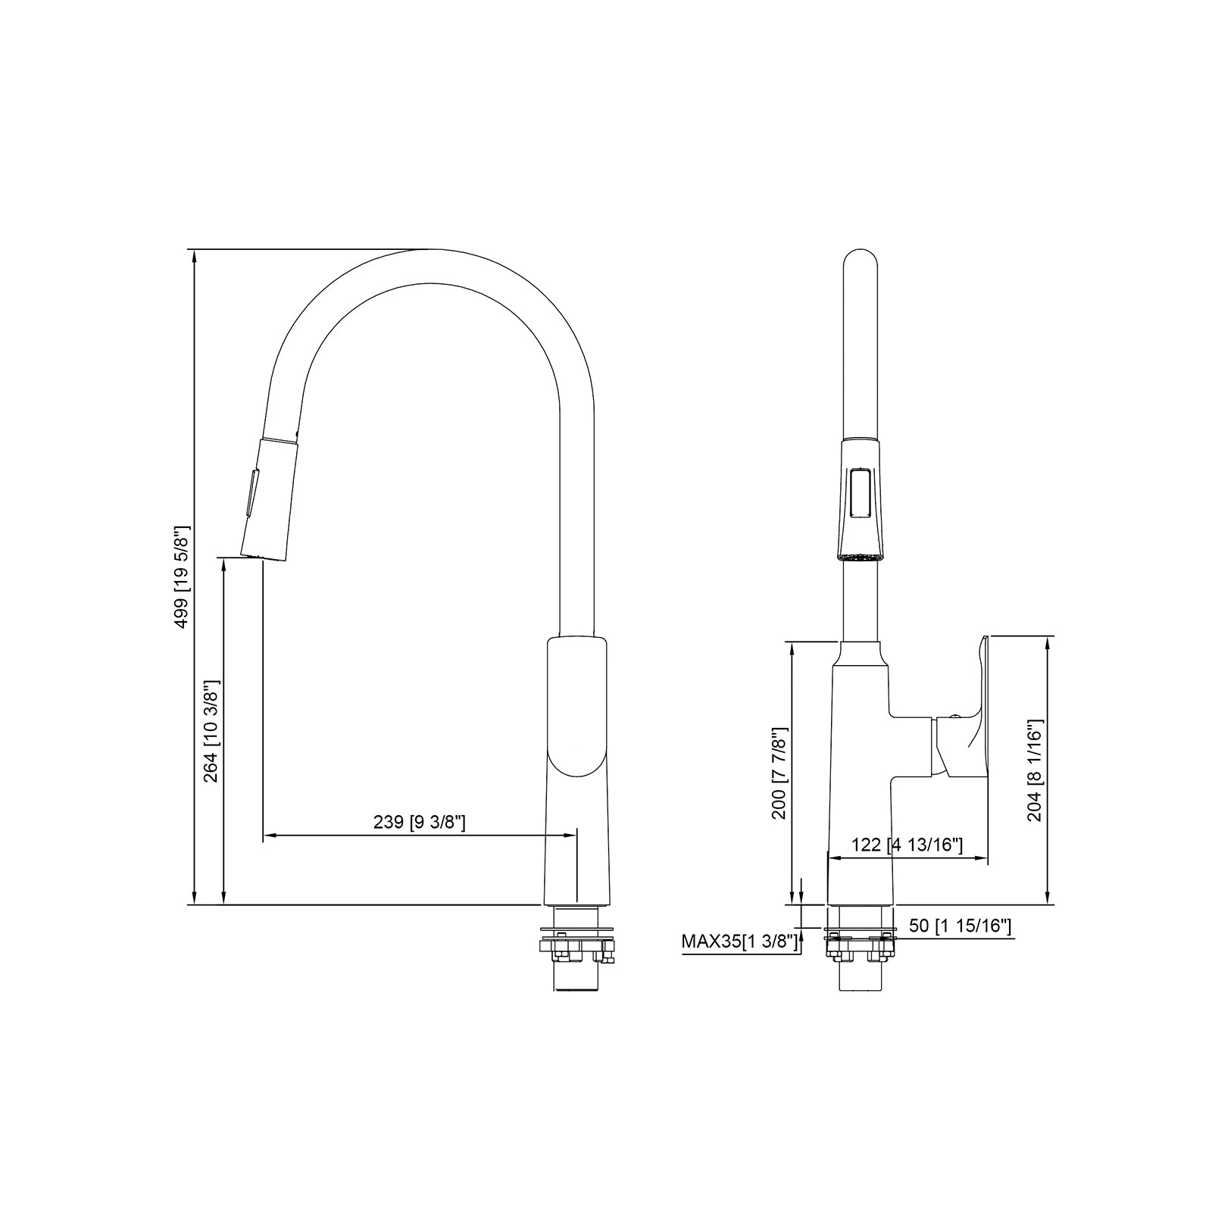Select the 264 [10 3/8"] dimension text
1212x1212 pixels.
tap(211, 732)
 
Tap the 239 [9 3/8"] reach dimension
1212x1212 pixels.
tap(419, 822)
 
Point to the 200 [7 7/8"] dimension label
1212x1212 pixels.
tap(779, 773)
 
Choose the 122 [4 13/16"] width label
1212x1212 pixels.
tap(907, 845)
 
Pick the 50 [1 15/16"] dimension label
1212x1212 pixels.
tap(961, 926)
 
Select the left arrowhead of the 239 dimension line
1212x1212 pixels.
tap(267, 836)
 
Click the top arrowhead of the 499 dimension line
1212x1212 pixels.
tap(195, 255)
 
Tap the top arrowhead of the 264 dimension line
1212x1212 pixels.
tap(224, 564)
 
